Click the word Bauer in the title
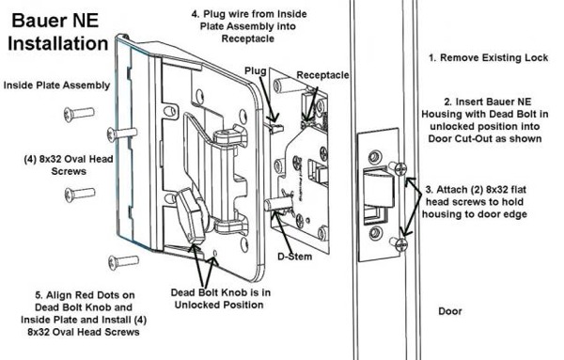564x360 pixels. (x=39, y=20)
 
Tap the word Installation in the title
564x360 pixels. (x=58, y=43)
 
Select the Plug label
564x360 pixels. (x=256, y=71)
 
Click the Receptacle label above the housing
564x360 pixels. (x=322, y=75)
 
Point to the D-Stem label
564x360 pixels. (x=294, y=257)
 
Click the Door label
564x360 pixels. (x=450, y=311)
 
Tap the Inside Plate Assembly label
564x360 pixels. (x=56, y=86)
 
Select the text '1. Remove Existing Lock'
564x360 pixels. (x=489, y=57)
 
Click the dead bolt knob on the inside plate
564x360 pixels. (x=190, y=216)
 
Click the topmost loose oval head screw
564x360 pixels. (x=79, y=114)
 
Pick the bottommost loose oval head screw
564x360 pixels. (x=124, y=262)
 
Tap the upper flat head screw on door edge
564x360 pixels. (x=398, y=167)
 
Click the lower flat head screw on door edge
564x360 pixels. (x=399, y=244)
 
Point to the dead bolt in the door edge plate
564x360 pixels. (x=380, y=187)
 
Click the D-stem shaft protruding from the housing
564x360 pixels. (x=277, y=205)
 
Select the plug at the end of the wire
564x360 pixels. (x=276, y=128)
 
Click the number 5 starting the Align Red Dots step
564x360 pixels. (x=39, y=295)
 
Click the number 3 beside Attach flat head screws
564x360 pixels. (x=429, y=190)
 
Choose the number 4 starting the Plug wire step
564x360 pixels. (x=195, y=14)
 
